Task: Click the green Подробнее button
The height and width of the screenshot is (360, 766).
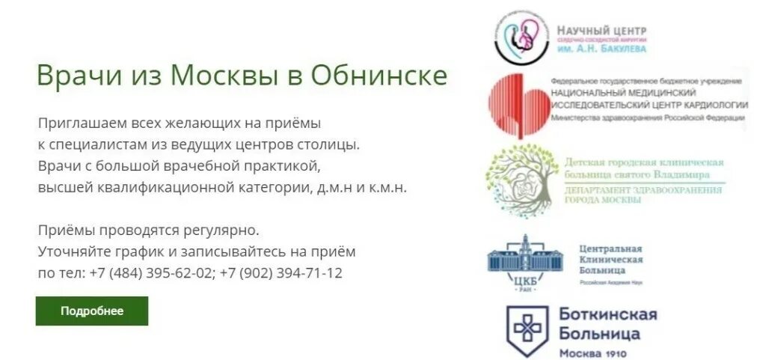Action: pos(92,311)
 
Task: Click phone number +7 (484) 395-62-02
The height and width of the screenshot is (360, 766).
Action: pos(150,273)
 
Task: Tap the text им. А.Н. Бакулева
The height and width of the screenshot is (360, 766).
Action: pos(601,48)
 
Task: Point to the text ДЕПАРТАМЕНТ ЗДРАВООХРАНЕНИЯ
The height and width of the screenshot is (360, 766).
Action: pos(643,191)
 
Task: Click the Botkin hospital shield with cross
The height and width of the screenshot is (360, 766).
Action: pos(527,329)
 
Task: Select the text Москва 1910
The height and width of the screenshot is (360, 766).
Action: pos(592,353)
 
